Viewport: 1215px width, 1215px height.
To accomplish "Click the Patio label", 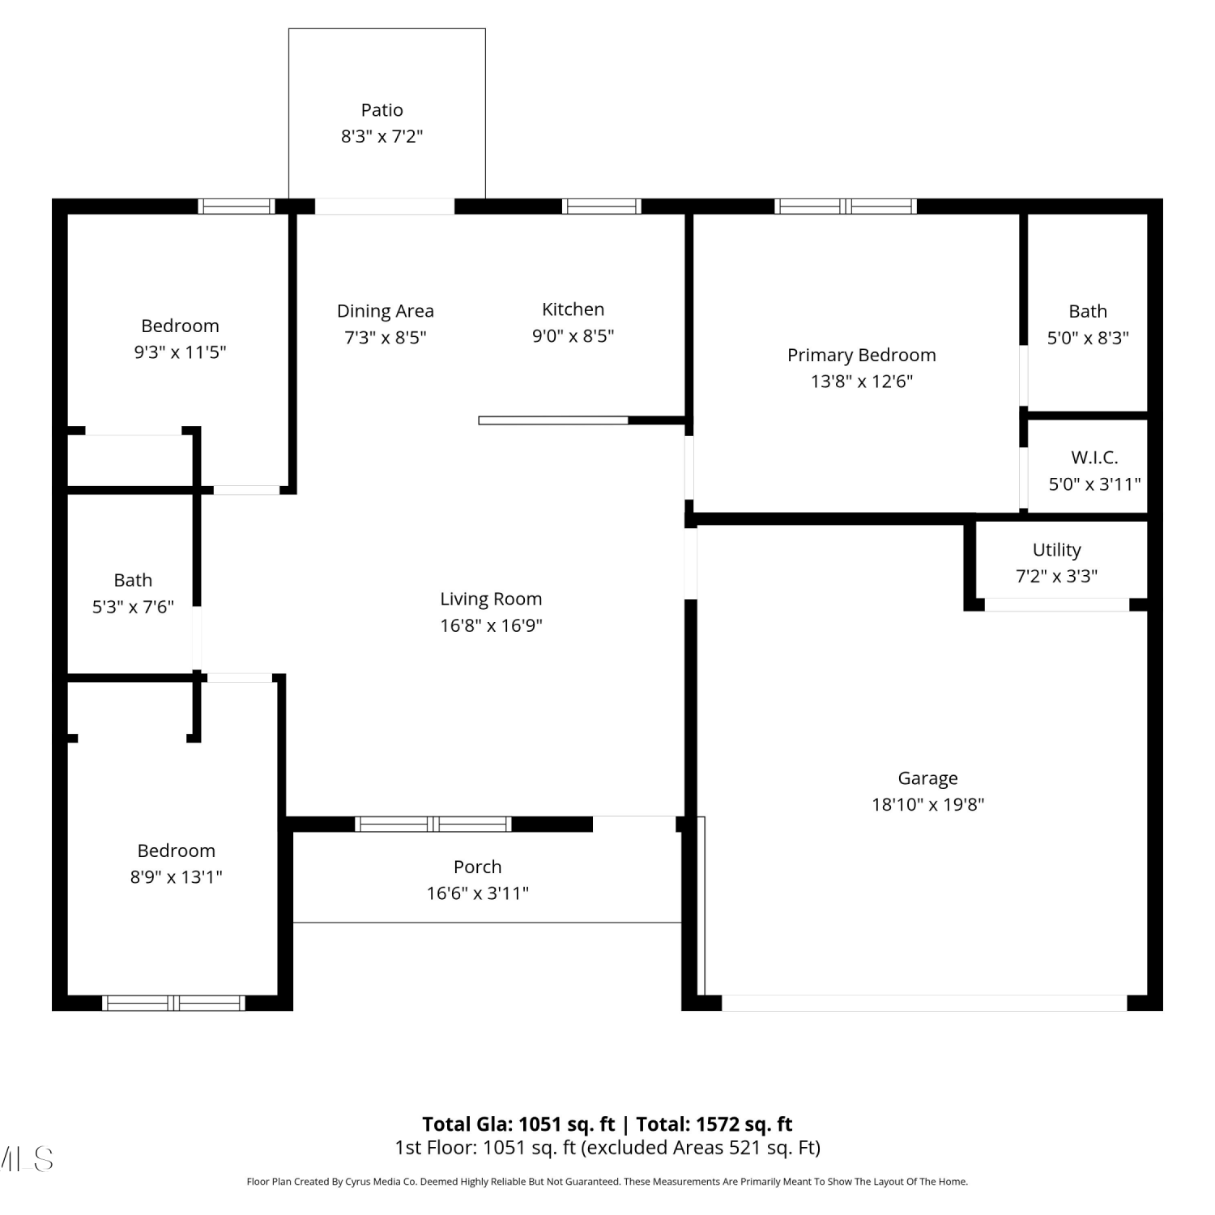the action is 382,110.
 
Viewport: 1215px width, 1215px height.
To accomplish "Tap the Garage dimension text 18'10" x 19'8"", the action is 927,804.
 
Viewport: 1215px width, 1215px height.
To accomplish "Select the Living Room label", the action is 491,599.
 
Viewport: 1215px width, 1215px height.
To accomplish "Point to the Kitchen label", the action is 573,309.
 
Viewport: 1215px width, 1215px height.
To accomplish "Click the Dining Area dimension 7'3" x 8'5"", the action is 386,337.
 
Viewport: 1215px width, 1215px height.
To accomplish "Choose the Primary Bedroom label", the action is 862,355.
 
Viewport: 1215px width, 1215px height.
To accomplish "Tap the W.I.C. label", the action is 1094,458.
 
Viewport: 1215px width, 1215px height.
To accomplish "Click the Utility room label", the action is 1057,550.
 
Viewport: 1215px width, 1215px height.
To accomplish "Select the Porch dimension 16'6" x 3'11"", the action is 478,893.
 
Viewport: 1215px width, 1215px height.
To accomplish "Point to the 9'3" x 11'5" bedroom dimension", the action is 180,352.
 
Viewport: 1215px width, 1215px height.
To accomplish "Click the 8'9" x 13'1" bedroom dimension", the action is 177,876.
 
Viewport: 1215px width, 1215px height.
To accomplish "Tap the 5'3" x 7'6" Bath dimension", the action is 133,607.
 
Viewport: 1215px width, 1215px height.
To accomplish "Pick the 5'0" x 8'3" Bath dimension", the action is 1088,338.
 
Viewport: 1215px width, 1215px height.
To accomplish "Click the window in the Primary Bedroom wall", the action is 846,207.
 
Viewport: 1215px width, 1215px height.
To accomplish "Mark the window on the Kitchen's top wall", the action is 602,207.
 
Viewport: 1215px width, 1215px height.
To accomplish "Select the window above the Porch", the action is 433,825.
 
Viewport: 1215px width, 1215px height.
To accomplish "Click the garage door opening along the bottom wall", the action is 924,1003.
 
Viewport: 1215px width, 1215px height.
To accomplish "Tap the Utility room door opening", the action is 1057,605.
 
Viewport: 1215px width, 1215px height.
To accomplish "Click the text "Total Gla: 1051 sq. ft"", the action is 518,1124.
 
